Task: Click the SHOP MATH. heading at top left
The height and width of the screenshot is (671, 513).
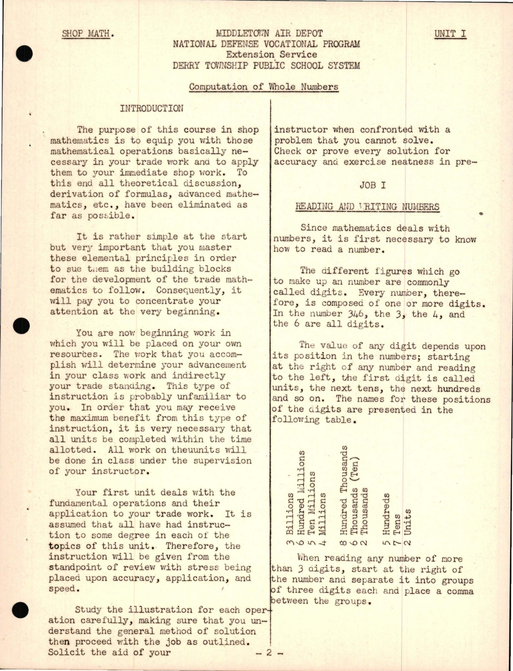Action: [x=88, y=33]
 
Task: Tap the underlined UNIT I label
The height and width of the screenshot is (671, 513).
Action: [x=450, y=34]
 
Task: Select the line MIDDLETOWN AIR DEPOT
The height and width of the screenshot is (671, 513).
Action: [x=269, y=33]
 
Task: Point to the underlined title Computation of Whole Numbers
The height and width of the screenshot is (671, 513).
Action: [x=263, y=87]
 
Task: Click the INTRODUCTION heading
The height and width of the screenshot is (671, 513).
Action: [x=152, y=108]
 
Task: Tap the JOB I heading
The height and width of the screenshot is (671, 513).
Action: [x=373, y=185]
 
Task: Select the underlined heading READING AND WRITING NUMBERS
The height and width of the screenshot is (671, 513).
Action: [x=367, y=207]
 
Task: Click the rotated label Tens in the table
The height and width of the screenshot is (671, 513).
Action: [x=397, y=525]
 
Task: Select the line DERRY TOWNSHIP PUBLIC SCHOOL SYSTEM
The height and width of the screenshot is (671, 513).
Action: [x=266, y=66]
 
